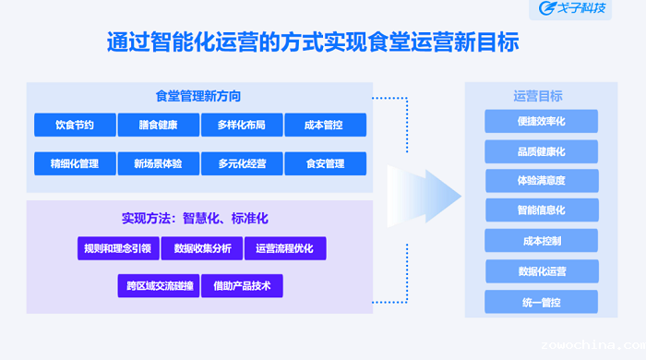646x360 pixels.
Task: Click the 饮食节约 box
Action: click(75, 125)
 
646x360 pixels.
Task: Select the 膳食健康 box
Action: click(159, 125)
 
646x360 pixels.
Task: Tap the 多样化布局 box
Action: click(242, 125)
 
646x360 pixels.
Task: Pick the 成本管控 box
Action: click(325, 125)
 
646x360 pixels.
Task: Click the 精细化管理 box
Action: click(75, 163)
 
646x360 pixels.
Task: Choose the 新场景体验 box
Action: click(159, 163)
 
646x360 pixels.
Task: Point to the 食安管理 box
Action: click(325, 163)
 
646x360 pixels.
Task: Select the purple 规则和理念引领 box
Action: click(117, 248)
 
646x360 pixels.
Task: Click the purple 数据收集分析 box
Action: click(202, 248)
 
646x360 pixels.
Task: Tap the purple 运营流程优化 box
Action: click(285, 248)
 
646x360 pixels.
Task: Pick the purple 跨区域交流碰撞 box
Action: click(159, 286)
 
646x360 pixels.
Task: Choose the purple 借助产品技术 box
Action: click(242, 286)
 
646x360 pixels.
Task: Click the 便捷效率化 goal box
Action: click(542, 121)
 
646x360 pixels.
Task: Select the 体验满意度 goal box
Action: click(542, 180)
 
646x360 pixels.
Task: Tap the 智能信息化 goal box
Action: click(542, 210)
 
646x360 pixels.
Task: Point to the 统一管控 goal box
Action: click(542, 302)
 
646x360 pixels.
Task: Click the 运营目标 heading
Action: click(538, 95)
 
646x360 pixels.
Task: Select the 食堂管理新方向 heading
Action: click(198, 95)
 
